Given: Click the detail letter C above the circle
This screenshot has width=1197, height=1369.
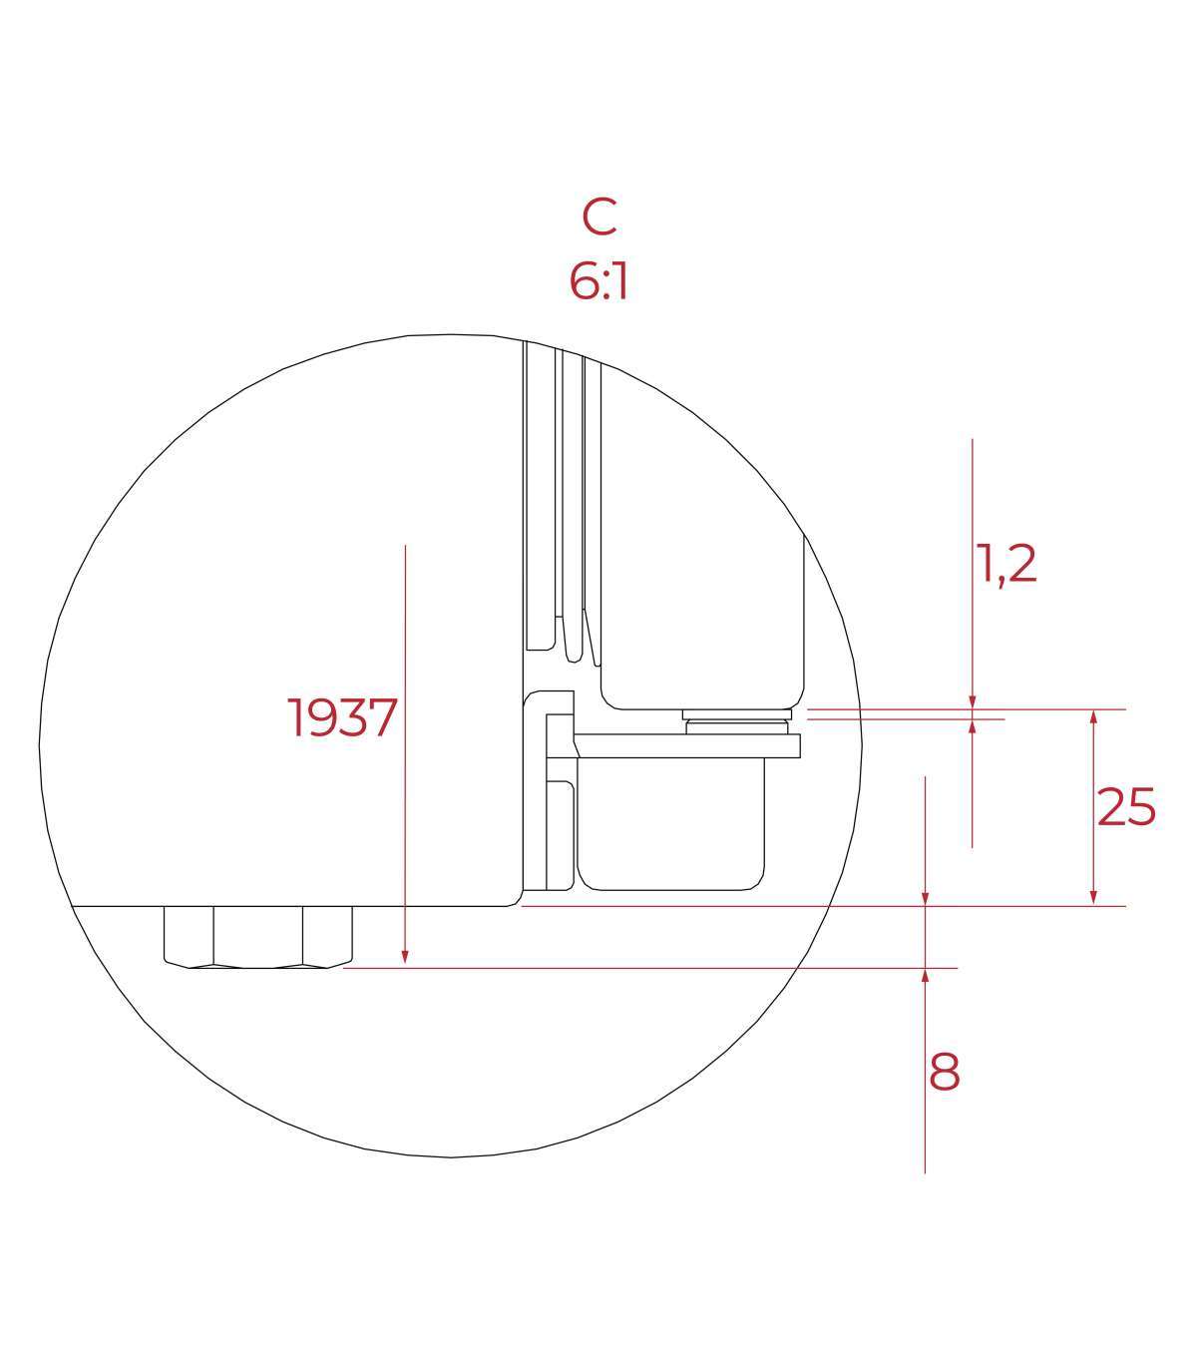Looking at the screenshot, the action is click(x=599, y=217).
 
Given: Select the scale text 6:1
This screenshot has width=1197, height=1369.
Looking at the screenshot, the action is click(x=598, y=281).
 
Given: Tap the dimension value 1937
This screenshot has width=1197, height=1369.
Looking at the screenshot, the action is click(x=342, y=718).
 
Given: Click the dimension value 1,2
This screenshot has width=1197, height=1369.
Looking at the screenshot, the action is click(x=1005, y=564).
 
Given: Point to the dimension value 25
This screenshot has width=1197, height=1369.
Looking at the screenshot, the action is click(x=1126, y=807).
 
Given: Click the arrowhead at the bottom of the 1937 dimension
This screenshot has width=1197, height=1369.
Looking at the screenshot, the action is click(x=405, y=958).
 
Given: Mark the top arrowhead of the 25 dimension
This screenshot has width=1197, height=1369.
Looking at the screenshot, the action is click(x=1093, y=718).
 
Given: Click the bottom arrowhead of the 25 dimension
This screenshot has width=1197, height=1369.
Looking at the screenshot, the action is click(x=1093, y=897).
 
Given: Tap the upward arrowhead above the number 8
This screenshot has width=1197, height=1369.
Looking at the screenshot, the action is click(x=925, y=977).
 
